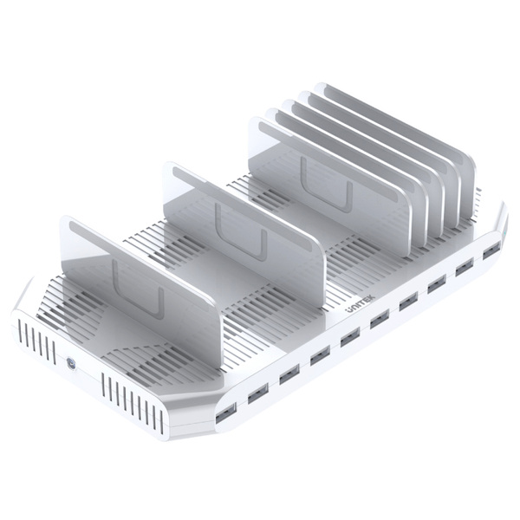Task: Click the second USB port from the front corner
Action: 257,393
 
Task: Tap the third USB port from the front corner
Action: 289,374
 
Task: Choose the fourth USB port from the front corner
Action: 319,356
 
